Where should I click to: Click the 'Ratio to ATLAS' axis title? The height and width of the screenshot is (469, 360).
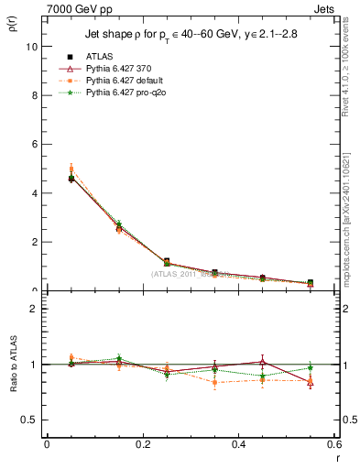coord(13,364)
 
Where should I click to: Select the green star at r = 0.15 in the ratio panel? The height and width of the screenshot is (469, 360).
coord(118,358)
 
